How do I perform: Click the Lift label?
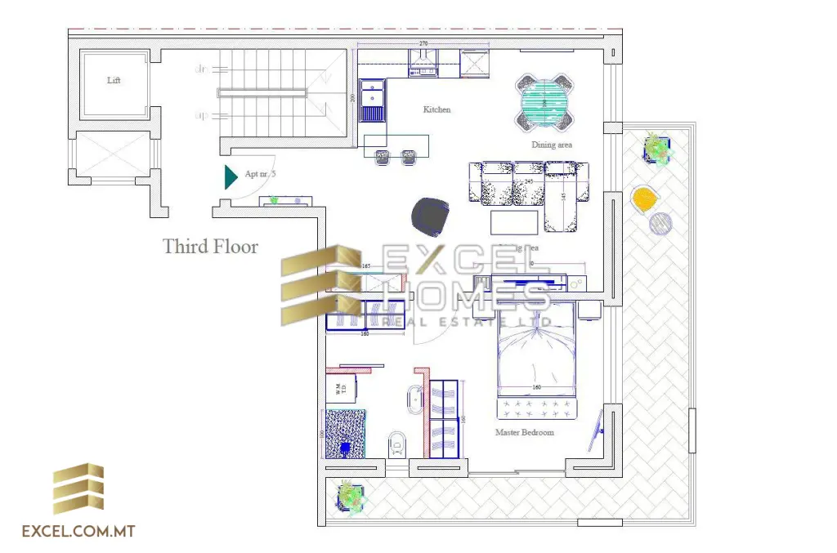(x=114, y=81)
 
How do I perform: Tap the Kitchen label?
(x=436, y=109)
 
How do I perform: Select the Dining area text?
(x=552, y=145)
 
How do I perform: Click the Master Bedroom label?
(x=524, y=432)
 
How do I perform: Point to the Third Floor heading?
(x=210, y=246)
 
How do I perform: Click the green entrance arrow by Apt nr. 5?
(x=231, y=176)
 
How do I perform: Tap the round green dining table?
(x=544, y=102)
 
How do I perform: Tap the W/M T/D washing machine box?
(x=342, y=389)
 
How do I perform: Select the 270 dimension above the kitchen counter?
(x=423, y=42)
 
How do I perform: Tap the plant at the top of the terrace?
(x=656, y=148)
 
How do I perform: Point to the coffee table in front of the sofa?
(x=514, y=222)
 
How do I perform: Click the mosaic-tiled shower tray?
(x=345, y=434)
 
